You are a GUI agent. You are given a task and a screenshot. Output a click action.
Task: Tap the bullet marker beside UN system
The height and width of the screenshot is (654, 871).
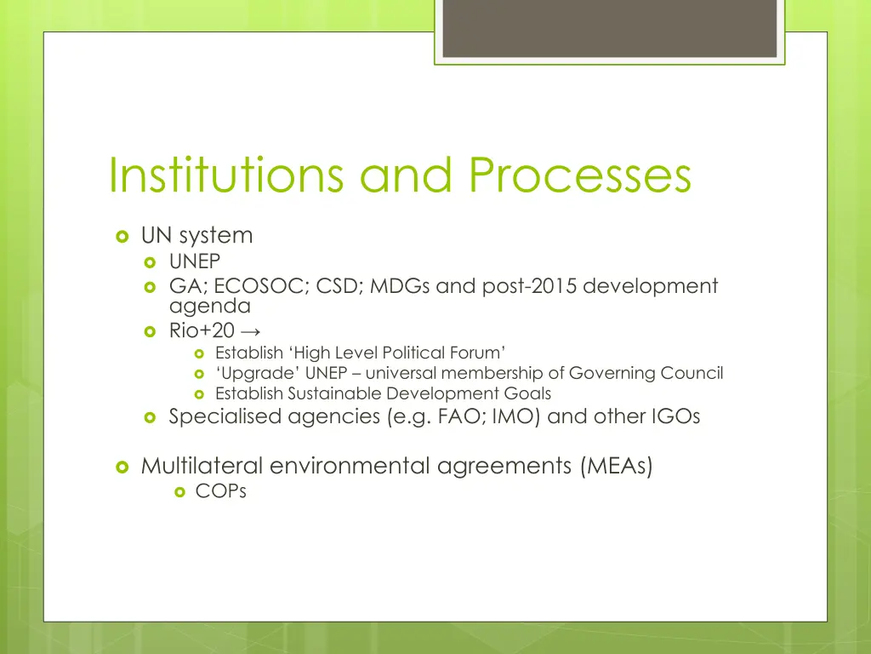[122, 235]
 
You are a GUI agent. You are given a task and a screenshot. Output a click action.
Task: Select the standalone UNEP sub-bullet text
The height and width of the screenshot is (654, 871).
[194, 262]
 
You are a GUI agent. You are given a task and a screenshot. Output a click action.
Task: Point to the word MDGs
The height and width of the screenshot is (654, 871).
[399, 286]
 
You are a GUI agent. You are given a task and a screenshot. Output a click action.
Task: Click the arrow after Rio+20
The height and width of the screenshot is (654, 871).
[250, 332]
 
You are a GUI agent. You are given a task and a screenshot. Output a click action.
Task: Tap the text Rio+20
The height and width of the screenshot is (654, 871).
[202, 332]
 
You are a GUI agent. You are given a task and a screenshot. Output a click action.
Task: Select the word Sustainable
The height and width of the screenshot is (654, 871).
[334, 393]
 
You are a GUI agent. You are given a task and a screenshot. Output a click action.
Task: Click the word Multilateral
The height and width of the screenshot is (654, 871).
[202, 466]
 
